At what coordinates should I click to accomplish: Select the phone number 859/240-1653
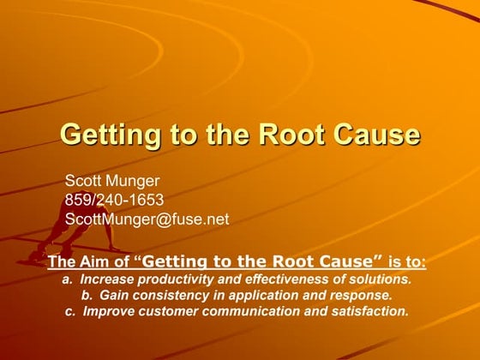(115, 200)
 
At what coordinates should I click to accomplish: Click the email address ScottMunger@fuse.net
(147, 219)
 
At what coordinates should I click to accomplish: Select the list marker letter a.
(66, 279)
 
